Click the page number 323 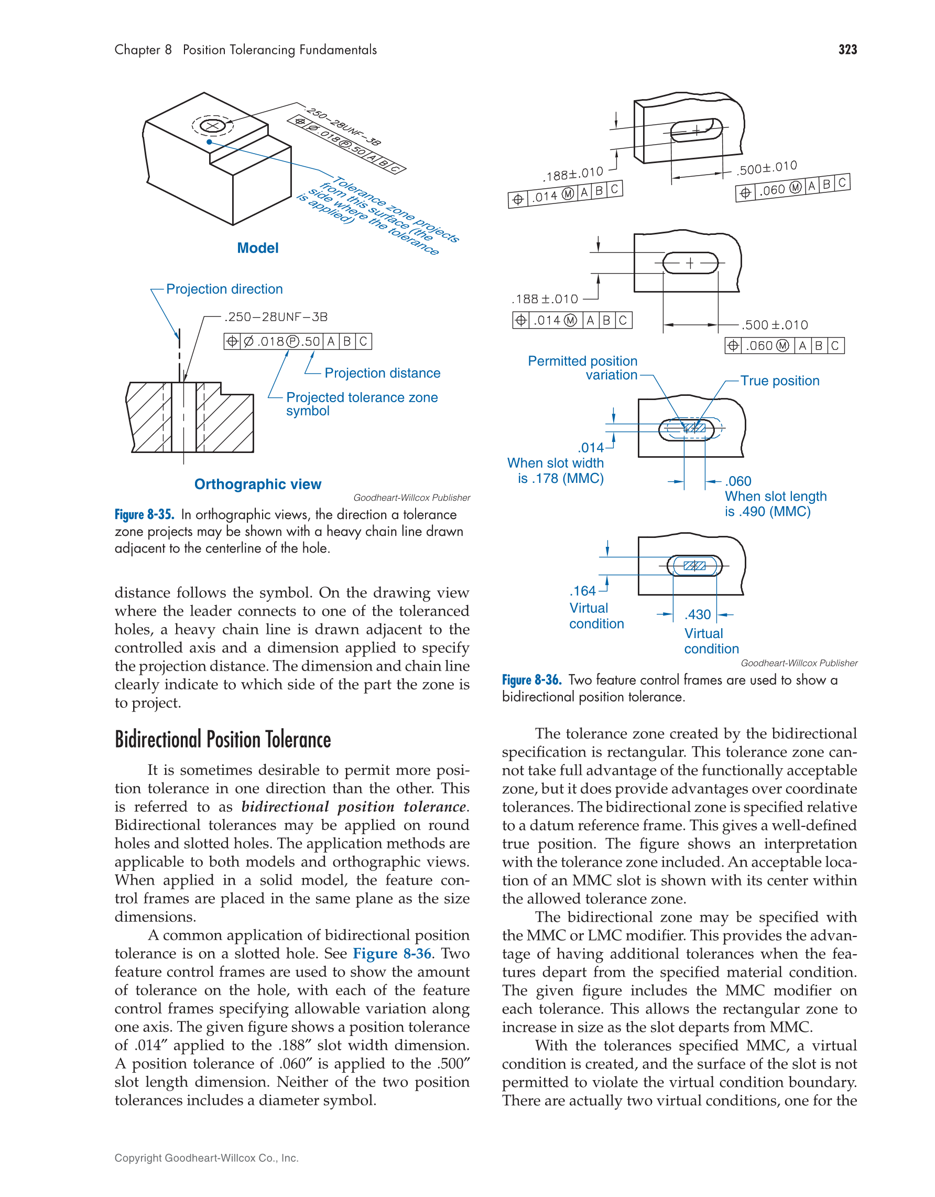[x=847, y=50]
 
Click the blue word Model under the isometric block [x=257, y=249]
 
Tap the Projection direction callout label [x=224, y=289]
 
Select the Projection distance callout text [x=382, y=373]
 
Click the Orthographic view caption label [x=257, y=484]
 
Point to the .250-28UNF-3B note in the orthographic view [x=276, y=317]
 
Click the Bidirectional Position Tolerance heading [x=222, y=740]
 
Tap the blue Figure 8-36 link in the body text [x=392, y=954]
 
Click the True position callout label [x=779, y=381]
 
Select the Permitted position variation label [x=583, y=368]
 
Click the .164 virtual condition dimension [x=582, y=591]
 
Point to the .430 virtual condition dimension [x=698, y=614]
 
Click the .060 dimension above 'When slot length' [x=738, y=481]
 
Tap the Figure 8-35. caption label [x=144, y=515]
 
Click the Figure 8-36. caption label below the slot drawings [x=531, y=680]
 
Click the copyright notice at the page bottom [x=206, y=1158]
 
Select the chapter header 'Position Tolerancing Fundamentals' [x=279, y=50]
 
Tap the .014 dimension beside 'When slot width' [x=591, y=448]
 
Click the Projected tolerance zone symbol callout [x=362, y=403]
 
